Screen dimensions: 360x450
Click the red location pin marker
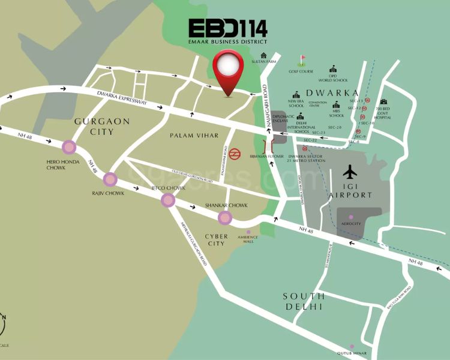click(x=229, y=69)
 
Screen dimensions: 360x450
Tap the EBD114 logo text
click(x=228, y=28)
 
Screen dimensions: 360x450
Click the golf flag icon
click(x=302, y=60)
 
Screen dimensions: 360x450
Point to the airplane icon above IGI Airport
click(x=350, y=172)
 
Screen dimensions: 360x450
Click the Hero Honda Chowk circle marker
click(x=70, y=148)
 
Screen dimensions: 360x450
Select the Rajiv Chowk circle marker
click(x=110, y=179)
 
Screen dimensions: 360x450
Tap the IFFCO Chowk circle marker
click(x=168, y=200)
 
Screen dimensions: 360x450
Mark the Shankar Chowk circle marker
click(x=225, y=218)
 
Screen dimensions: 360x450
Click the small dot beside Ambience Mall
click(x=248, y=232)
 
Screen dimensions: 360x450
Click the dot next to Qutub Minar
click(x=353, y=346)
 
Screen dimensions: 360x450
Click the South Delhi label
click(x=304, y=301)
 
